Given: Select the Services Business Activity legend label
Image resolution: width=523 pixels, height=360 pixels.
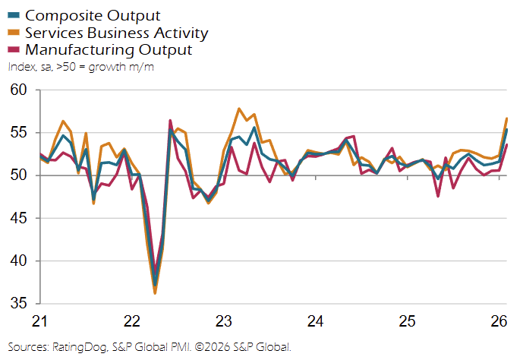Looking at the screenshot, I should (116, 33).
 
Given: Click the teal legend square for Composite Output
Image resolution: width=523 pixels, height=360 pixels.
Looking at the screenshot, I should (14, 15).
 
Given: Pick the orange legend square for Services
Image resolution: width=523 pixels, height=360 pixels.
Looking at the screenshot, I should (14, 33).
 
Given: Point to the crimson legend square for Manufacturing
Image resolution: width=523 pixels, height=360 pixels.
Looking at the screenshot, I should (14, 50).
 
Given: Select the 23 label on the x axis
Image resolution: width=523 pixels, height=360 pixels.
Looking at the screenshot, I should (224, 321).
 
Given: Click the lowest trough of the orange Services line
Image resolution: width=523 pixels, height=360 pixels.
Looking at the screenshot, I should (155, 293).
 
